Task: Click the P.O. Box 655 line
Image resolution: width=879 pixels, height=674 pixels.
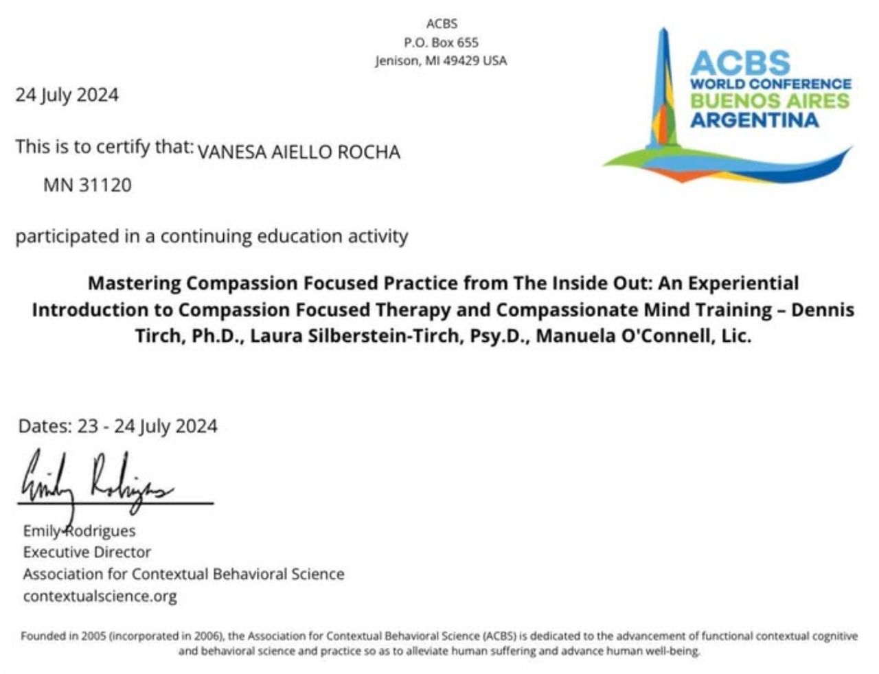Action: click(441, 43)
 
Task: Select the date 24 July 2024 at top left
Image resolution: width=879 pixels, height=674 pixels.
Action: click(67, 95)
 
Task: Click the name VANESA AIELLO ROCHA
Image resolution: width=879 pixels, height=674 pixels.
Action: click(298, 152)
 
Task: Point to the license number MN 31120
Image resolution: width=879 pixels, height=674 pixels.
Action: click(87, 185)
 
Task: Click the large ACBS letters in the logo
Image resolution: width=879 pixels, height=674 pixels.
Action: click(740, 63)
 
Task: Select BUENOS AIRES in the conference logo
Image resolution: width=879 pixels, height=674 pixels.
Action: click(769, 102)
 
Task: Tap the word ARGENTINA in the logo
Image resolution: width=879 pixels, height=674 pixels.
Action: click(754, 120)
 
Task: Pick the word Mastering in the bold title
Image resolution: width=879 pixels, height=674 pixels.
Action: click(135, 283)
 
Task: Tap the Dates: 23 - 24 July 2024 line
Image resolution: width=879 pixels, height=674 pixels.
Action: click(117, 426)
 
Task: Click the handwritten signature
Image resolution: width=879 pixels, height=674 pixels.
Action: click(96, 480)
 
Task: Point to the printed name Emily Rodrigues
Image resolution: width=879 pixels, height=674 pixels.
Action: click(79, 531)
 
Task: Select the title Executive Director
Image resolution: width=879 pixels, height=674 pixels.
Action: click(87, 552)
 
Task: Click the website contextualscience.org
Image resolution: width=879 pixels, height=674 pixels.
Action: click(100, 596)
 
